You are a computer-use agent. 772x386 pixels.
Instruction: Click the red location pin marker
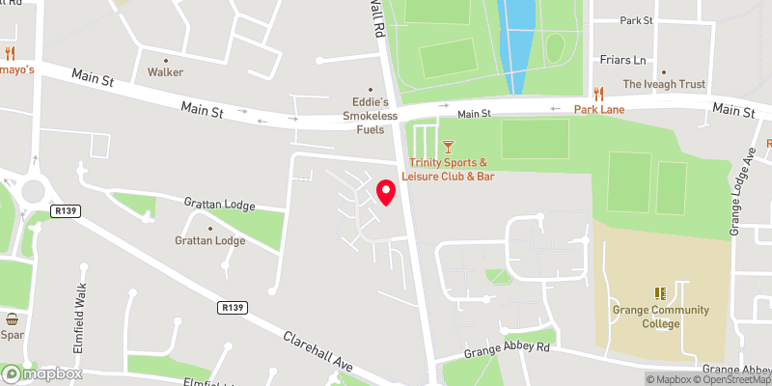[385, 192]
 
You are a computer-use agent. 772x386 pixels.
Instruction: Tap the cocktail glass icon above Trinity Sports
[447, 147]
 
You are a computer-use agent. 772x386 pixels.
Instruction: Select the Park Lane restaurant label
[599, 110]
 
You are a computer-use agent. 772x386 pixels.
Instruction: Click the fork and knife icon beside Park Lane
[599, 94]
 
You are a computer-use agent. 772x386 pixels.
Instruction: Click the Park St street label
[637, 20]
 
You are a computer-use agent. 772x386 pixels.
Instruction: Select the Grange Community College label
[660, 317]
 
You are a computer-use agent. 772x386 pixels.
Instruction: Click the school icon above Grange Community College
[660, 292]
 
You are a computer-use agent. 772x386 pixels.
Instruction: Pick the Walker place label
[165, 72]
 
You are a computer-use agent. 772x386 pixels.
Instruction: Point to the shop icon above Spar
[12, 318]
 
